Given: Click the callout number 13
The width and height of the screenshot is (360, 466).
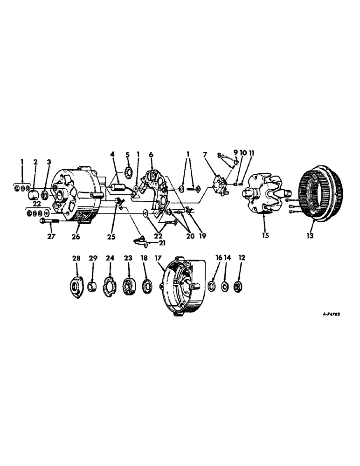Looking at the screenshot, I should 310,235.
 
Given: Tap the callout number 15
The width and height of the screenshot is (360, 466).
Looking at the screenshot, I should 265,235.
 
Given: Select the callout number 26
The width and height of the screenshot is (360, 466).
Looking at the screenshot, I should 76,237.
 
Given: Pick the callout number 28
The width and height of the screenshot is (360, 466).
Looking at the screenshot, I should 76,257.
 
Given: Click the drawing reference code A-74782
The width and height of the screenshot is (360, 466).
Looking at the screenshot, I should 332,315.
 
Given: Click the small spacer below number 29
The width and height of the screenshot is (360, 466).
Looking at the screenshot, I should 92,284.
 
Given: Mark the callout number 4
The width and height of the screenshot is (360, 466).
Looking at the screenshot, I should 112,154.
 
